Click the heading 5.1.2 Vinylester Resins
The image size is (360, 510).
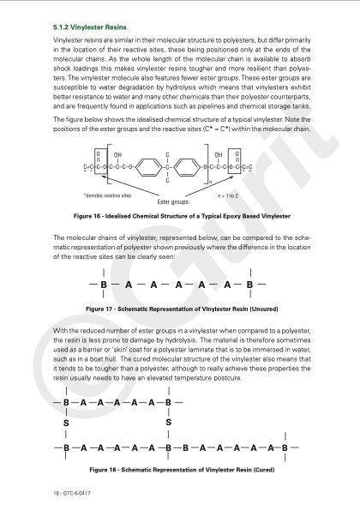90,27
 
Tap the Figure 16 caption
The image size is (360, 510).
182,216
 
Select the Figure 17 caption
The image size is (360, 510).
182,309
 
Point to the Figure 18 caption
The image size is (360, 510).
182,470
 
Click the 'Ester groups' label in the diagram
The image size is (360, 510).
172,202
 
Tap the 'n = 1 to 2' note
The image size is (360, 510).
228,195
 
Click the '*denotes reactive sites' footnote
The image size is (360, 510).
108,195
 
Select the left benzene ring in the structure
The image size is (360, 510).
148,167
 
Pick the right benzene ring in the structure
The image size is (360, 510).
186,167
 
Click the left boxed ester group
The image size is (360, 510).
99,161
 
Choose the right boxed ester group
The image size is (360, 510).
235,161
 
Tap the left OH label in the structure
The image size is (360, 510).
117,155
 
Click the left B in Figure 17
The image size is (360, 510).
104,285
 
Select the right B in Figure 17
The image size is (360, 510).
249,285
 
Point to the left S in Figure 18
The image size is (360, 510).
66,423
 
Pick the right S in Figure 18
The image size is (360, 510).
169,423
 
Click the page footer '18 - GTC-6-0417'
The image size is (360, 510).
72,493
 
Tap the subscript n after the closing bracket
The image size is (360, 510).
210,185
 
